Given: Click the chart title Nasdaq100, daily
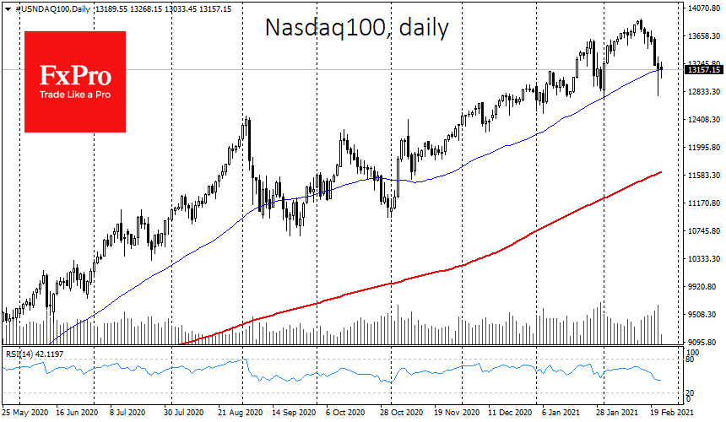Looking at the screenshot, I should click(356, 28).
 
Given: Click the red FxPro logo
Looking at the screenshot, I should click(75, 82).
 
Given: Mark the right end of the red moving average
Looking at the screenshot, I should click(660, 172).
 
